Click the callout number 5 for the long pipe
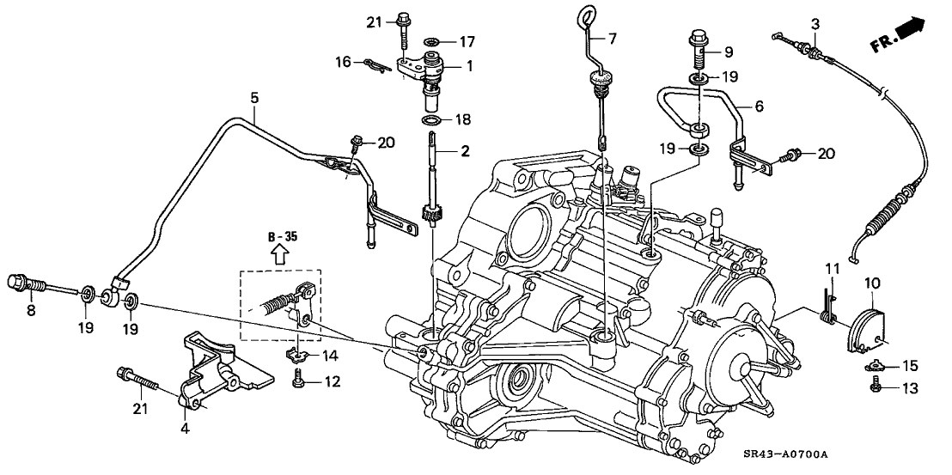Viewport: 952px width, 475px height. point(253,99)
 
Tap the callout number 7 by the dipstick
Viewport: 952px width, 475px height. point(612,39)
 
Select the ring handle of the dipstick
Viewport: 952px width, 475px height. point(586,14)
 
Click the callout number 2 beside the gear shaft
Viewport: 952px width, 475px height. point(465,152)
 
